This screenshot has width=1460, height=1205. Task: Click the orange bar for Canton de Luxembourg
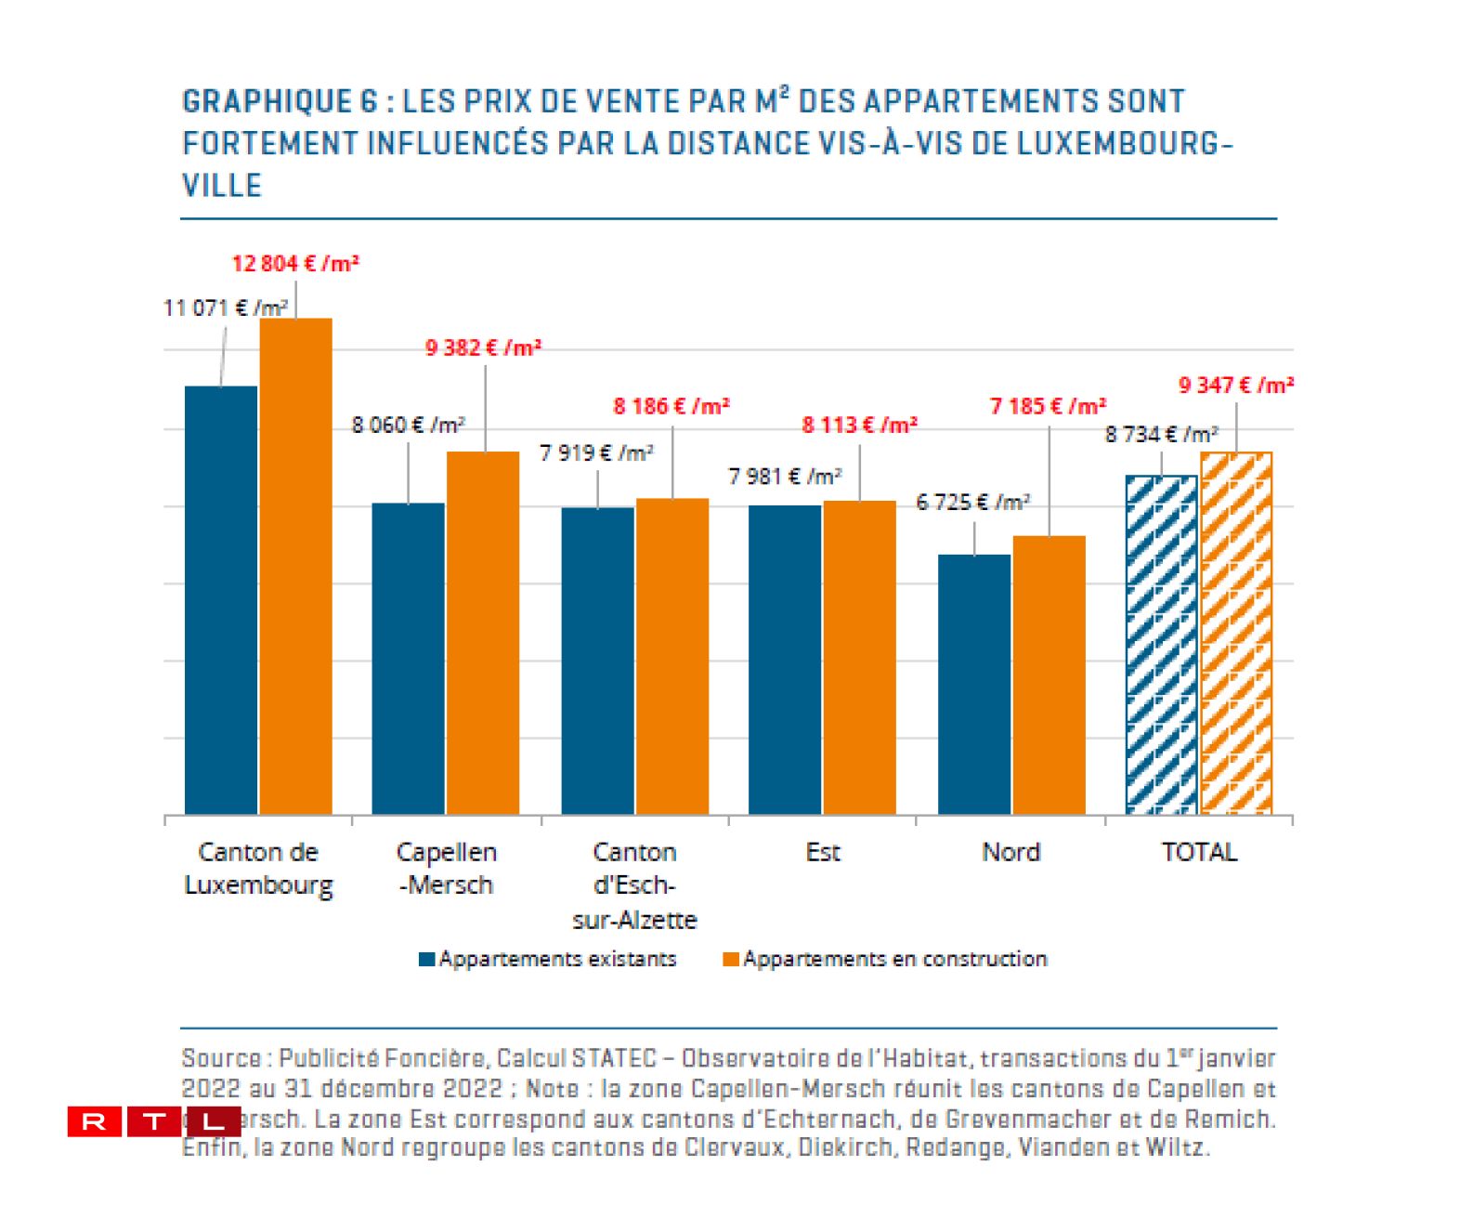coord(295,567)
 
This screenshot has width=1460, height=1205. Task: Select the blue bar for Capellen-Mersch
coord(409,659)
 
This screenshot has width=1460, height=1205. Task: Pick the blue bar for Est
coord(785,660)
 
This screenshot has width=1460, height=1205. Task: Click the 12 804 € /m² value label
coord(295,264)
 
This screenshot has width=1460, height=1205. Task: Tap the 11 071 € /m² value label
coord(226,308)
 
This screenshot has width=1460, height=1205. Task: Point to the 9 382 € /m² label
coord(483,348)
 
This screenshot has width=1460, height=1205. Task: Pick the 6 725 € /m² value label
coord(972,503)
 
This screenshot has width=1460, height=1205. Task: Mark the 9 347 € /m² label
coord(1236,386)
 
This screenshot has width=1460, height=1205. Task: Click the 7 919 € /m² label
coord(596,453)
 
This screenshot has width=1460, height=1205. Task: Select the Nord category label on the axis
coord(1010,852)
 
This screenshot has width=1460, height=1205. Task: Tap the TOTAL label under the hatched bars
coord(1199,852)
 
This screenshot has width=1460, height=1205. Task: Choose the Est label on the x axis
coord(823,852)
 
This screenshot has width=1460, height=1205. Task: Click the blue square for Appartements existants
coord(427,960)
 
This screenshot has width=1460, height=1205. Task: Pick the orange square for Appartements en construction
coord(731,960)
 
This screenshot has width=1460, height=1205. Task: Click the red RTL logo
coord(153,1121)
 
